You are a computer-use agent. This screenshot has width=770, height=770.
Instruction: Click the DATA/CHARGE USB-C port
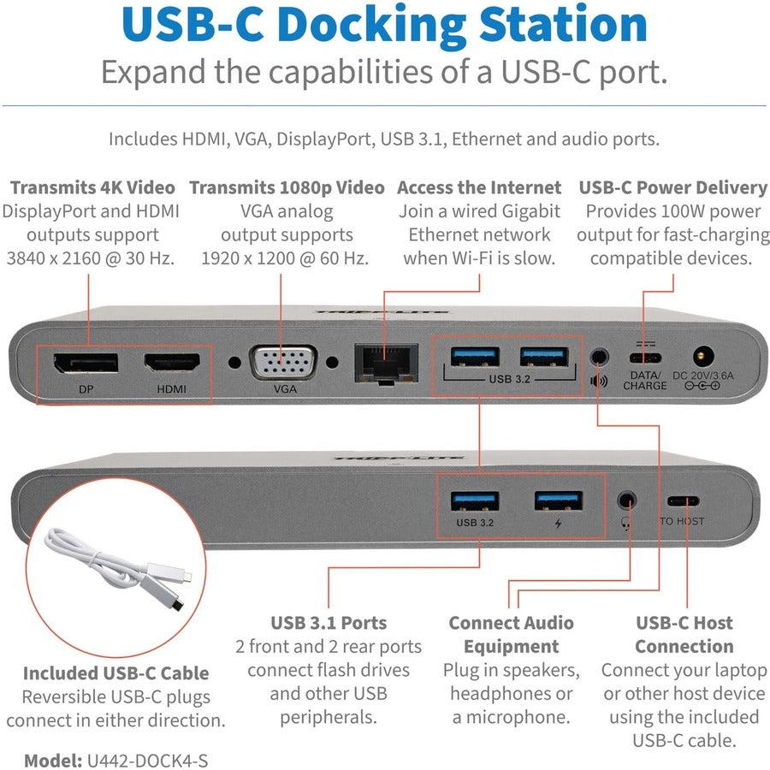tap(644, 358)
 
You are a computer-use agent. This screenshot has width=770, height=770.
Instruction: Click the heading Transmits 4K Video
tap(92, 187)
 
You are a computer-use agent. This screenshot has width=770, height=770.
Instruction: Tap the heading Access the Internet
tap(479, 187)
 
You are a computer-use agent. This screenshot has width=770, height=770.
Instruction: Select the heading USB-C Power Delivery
tap(672, 187)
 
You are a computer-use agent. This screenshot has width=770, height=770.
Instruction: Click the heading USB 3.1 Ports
tap(329, 623)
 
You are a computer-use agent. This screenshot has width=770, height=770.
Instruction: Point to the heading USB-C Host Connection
tap(684, 634)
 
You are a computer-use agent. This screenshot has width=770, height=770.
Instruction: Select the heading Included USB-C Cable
tap(115, 672)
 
